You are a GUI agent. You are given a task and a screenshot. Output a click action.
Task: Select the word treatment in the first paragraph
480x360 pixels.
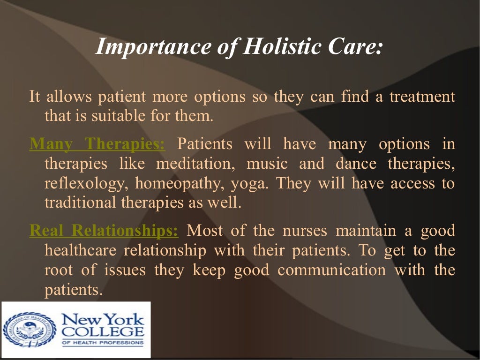422,97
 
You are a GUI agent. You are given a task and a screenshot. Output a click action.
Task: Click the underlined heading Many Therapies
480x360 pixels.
97,144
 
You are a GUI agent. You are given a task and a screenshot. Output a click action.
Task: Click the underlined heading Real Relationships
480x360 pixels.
104,231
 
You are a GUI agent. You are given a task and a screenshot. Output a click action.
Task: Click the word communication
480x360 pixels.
331,270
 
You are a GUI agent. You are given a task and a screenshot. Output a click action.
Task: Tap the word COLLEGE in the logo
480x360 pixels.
103,332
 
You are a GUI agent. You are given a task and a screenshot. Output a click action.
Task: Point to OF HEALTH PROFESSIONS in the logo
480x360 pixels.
103,343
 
